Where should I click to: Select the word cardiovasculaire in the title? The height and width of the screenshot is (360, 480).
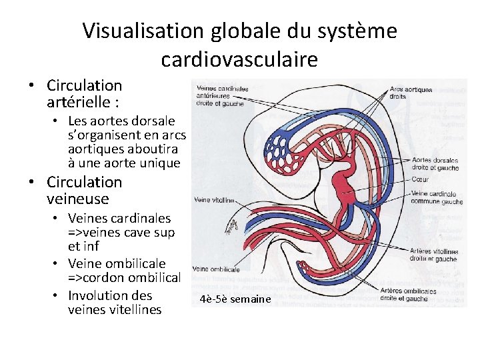tap(239, 60)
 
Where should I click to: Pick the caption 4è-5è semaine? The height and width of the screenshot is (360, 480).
tap(235, 299)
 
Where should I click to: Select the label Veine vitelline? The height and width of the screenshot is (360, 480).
tap(213, 199)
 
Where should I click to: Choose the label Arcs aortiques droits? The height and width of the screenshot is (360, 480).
tap(411, 93)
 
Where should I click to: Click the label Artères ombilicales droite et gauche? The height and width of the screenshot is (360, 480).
tap(408, 294)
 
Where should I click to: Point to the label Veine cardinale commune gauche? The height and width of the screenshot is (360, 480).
tap(437, 197)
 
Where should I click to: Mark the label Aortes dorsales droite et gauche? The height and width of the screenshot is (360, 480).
tap(435, 163)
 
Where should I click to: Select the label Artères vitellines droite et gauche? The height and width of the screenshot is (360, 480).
tap(433, 255)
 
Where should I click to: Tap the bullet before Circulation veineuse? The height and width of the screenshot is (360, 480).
tap(31, 183)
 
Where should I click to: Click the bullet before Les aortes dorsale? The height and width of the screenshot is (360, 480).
tap(58, 121)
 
